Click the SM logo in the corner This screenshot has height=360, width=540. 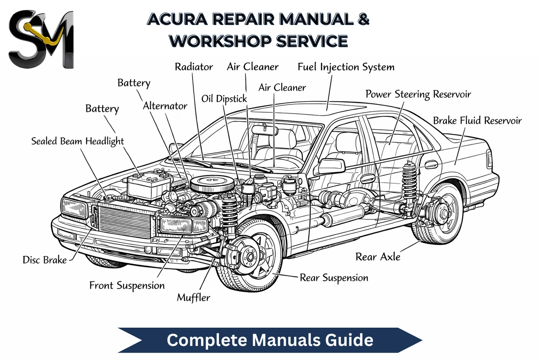[x=41, y=39]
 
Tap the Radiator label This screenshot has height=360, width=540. [x=194, y=67]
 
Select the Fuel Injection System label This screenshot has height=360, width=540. [x=346, y=67]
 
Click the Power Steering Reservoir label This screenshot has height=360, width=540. [x=418, y=94]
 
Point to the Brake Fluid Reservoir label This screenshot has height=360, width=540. [x=477, y=121]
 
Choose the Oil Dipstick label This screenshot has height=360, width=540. [x=224, y=99]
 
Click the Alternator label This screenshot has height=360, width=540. [x=165, y=106]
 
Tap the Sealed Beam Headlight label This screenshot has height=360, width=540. [x=77, y=141]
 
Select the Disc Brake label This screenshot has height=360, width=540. [x=45, y=260]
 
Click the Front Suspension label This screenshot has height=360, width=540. [x=127, y=286]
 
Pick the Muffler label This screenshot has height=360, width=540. [x=193, y=298]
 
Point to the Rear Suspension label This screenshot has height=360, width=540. [x=334, y=278]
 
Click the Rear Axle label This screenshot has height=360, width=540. [x=378, y=257]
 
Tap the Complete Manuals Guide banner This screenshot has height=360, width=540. [x=270, y=340]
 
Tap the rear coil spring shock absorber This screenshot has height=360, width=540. [x=409, y=182]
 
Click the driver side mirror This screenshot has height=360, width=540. [x=331, y=166]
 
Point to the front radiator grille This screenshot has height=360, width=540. [x=125, y=222]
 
